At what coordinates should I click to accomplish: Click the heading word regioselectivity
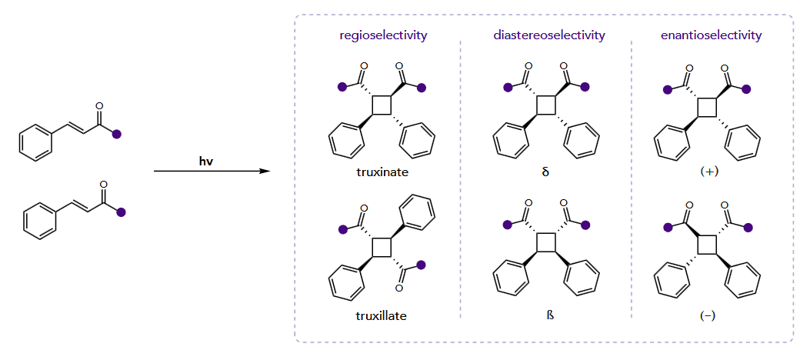pos(383,35)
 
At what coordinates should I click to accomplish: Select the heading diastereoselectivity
pos(548,35)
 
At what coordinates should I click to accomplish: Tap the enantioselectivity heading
pos(711,35)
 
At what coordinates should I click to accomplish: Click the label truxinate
pos(382,172)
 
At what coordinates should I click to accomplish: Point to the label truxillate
pos(382,315)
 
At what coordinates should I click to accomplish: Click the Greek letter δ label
pos(545,172)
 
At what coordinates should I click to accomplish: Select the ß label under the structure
pos(546,315)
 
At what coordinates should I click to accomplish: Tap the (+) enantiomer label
pos(709,172)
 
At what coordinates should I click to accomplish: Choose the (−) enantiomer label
pos(708,315)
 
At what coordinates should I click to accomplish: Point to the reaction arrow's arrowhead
pos(265,171)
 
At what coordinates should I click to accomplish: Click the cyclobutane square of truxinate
pos(382,105)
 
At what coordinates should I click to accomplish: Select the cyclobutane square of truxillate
pos(382,248)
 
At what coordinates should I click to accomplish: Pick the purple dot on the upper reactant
pos(117,135)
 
